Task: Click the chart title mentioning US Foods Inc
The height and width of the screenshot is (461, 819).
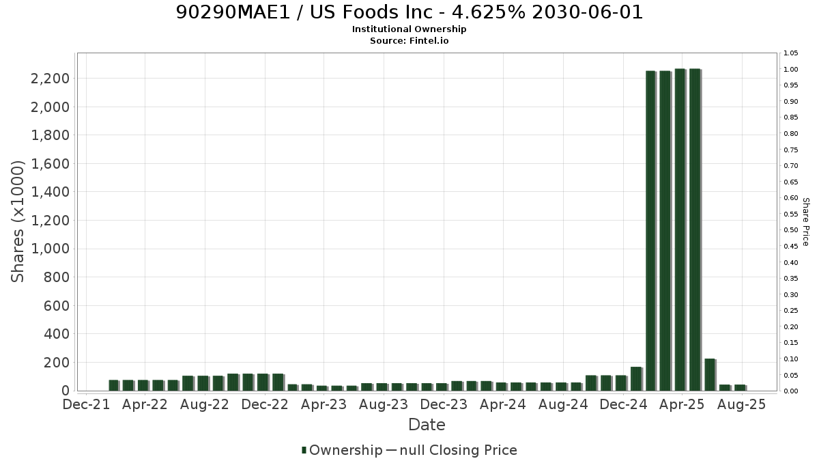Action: pyautogui.click(x=409, y=12)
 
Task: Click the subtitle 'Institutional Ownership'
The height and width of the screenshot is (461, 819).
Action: pyautogui.click(x=409, y=29)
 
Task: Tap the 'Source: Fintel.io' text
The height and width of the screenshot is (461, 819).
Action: pyautogui.click(x=409, y=40)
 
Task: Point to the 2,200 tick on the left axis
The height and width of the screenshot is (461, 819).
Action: pyautogui.click(x=50, y=79)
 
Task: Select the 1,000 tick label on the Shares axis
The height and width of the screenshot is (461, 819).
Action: pyautogui.click(x=50, y=249)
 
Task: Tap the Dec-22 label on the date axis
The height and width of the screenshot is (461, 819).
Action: pyautogui.click(x=265, y=404)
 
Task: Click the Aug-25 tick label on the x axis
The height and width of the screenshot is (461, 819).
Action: pyautogui.click(x=741, y=404)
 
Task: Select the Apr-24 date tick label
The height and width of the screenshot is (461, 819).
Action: pyautogui.click(x=503, y=404)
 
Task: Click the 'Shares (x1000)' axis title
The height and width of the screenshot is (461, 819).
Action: pyautogui.click(x=17, y=222)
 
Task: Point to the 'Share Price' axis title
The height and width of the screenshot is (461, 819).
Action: pyautogui.click(x=806, y=222)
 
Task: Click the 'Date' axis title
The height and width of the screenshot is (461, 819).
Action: pyautogui.click(x=427, y=425)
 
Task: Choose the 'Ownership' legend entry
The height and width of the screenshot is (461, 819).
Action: pyautogui.click(x=342, y=450)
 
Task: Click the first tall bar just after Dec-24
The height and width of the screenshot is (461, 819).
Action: pyautogui.click(x=651, y=231)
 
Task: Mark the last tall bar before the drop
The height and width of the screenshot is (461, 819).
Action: pyautogui.click(x=695, y=229)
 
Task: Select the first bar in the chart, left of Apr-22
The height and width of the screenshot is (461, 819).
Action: pyautogui.click(x=114, y=386)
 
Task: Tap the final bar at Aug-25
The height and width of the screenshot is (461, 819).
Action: pyautogui.click(x=740, y=388)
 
